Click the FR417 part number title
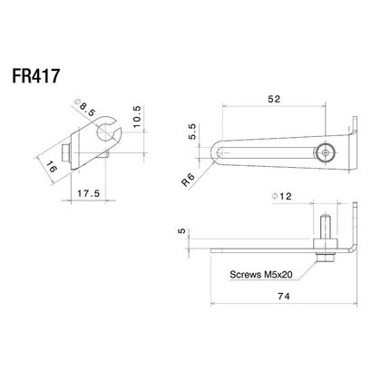[35, 76]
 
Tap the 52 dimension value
[274, 99]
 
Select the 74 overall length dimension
[283, 297]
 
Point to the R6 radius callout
[189, 180]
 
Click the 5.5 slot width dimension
[192, 132]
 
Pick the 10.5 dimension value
[137, 116]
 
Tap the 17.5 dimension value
[88, 193]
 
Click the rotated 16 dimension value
[52, 167]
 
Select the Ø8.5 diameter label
[85, 107]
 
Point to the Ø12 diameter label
[282, 196]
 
